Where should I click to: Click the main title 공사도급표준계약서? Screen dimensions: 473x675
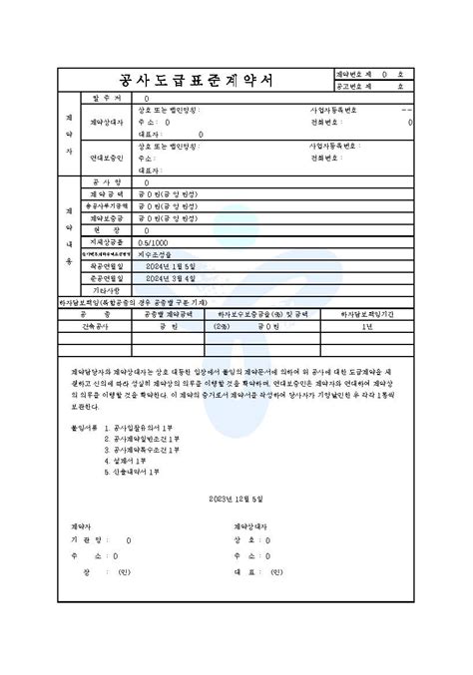click(187, 81)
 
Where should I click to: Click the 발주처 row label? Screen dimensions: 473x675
click(106, 99)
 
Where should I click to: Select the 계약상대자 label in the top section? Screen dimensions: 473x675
click(106, 121)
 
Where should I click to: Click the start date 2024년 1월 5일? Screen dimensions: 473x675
click(170, 265)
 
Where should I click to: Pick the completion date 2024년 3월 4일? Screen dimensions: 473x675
click(170, 278)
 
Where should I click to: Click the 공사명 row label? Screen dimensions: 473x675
click(106, 182)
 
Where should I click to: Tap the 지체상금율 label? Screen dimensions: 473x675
click(106, 240)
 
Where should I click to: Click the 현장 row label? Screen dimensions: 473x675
click(106, 229)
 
